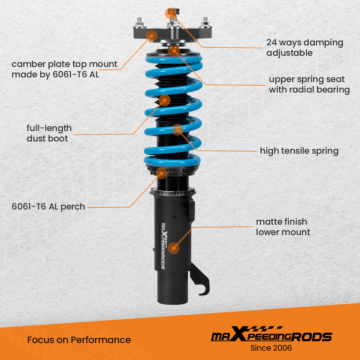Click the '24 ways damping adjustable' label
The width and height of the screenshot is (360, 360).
tap(305, 48)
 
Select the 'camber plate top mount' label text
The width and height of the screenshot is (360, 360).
tap(64, 69)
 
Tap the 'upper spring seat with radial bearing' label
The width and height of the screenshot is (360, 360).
tap(309, 84)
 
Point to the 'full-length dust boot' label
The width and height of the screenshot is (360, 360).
tap(49, 133)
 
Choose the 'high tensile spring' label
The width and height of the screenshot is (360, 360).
tap(299, 151)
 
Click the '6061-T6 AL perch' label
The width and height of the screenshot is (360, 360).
tap(48, 207)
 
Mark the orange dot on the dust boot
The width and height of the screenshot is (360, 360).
tap(165, 100)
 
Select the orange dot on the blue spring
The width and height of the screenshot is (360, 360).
tap(177, 130)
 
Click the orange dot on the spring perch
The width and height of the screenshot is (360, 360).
tap(162, 173)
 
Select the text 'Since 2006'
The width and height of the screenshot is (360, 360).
tap(271, 348)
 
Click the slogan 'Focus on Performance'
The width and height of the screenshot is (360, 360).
tap(79, 339)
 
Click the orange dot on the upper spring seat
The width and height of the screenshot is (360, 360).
tap(174, 50)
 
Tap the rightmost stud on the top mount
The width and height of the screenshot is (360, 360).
tap(205, 20)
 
